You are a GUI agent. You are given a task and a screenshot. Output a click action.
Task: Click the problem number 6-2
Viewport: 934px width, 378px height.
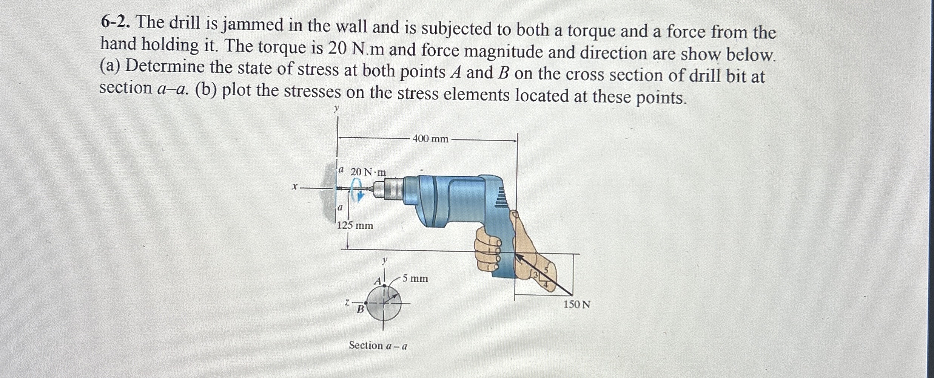click(x=116, y=23)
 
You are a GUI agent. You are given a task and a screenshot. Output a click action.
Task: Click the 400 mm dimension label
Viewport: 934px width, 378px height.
click(x=430, y=139)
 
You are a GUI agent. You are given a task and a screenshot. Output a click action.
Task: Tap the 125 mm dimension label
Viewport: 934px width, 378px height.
click(x=355, y=226)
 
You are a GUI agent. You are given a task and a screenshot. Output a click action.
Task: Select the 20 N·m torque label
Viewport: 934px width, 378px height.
click(x=368, y=172)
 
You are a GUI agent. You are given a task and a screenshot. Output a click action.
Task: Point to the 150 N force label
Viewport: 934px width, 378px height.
click(x=576, y=304)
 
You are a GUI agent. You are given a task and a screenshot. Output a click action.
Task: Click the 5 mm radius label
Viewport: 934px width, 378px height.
click(x=415, y=279)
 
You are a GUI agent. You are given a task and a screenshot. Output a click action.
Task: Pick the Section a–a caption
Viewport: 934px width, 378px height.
click(x=378, y=346)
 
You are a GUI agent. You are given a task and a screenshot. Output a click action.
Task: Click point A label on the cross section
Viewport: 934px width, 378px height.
click(x=378, y=281)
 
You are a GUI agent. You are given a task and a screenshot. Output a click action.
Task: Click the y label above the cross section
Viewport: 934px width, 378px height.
click(x=384, y=260)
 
